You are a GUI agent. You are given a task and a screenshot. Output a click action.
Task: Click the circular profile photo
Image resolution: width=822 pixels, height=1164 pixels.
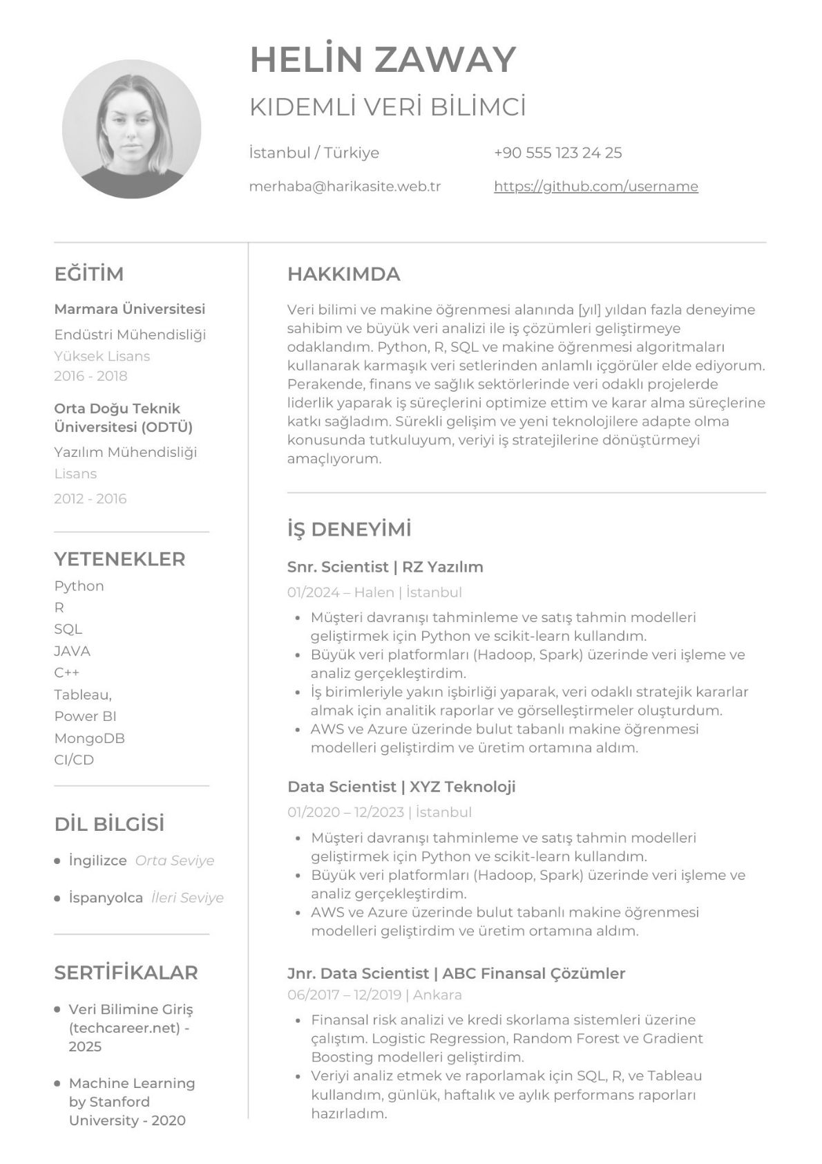point(131,129)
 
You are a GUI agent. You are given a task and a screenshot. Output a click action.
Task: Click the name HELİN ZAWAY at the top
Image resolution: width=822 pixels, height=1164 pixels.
point(383,59)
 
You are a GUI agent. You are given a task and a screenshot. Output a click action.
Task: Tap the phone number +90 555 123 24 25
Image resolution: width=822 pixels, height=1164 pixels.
point(557,153)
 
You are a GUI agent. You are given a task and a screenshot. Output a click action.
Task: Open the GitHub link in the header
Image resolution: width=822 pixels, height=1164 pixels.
point(595,187)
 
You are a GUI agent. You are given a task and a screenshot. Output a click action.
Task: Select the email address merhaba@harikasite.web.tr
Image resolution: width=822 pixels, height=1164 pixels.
point(345,187)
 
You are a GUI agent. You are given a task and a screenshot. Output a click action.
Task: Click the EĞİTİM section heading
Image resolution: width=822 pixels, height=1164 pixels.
point(89,274)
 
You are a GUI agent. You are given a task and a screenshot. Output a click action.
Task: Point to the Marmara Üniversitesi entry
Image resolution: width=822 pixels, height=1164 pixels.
point(130,309)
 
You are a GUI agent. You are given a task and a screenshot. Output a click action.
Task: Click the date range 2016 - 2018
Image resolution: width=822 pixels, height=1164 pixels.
point(90,376)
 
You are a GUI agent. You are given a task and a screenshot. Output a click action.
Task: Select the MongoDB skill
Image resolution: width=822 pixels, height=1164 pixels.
point(89,738)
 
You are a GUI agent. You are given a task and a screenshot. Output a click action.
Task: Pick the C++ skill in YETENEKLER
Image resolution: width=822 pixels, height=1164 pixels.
point(67,673)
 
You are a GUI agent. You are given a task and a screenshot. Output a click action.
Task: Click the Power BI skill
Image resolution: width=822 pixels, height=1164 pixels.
point(85,716)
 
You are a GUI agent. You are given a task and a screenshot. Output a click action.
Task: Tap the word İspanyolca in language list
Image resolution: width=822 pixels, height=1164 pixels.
point(106,898)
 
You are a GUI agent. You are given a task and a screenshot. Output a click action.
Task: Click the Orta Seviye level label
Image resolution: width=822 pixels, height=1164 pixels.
point(175,861)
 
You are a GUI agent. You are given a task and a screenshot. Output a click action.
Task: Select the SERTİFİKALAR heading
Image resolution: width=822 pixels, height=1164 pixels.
point(126,973)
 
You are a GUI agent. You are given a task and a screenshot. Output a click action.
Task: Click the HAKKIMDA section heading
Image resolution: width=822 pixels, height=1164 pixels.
point(343,274)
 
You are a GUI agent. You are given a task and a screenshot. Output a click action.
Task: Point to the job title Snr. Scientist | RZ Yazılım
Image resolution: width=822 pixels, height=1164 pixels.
point(385,567)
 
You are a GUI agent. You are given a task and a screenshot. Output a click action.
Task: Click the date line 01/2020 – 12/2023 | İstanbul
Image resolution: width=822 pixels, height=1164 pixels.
point(379,812)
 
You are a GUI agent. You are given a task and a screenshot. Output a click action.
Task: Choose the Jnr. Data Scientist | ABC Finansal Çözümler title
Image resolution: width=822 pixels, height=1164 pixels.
point(456,973)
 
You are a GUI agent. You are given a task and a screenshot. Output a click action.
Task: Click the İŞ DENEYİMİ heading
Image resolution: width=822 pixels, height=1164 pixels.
point(349,529)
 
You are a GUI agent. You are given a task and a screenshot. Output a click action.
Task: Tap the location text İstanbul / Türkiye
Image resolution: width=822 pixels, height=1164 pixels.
point(314,153)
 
